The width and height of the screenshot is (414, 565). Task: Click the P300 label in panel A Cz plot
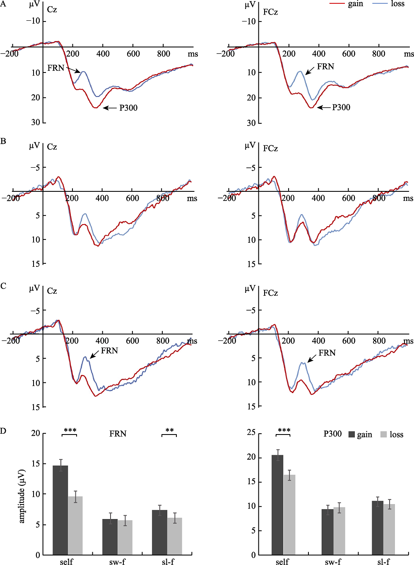click(128, 108)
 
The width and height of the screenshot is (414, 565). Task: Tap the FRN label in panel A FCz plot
click(325, 67)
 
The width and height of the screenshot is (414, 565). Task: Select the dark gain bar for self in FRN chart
click(60, 509)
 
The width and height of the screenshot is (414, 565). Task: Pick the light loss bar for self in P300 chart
click(289, 514)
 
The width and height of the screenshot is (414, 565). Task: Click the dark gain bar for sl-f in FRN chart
click(159, 532)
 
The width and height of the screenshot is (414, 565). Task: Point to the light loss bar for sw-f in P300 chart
click(339, 531)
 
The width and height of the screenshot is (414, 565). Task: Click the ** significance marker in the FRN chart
click(169, 431)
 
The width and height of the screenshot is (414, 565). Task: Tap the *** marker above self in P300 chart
click(284, 431)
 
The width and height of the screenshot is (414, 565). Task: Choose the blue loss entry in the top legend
click(389, 4)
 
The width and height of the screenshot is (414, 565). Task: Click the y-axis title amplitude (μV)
click(22, 496)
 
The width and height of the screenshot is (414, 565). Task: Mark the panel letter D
click(3, 431)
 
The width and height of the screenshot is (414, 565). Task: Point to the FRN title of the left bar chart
click(118, 434)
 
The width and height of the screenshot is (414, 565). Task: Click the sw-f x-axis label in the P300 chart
click(333, 562)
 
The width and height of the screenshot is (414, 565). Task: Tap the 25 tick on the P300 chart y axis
click(251, 433)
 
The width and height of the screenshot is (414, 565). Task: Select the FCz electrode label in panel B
click(270, 148)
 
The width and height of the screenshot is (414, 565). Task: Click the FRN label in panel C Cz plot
click(109, 351)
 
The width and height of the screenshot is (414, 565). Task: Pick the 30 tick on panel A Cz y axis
click(36, 123)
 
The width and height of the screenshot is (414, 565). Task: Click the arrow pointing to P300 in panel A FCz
click(324, 108)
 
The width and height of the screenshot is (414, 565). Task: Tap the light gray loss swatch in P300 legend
click(383, 435)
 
